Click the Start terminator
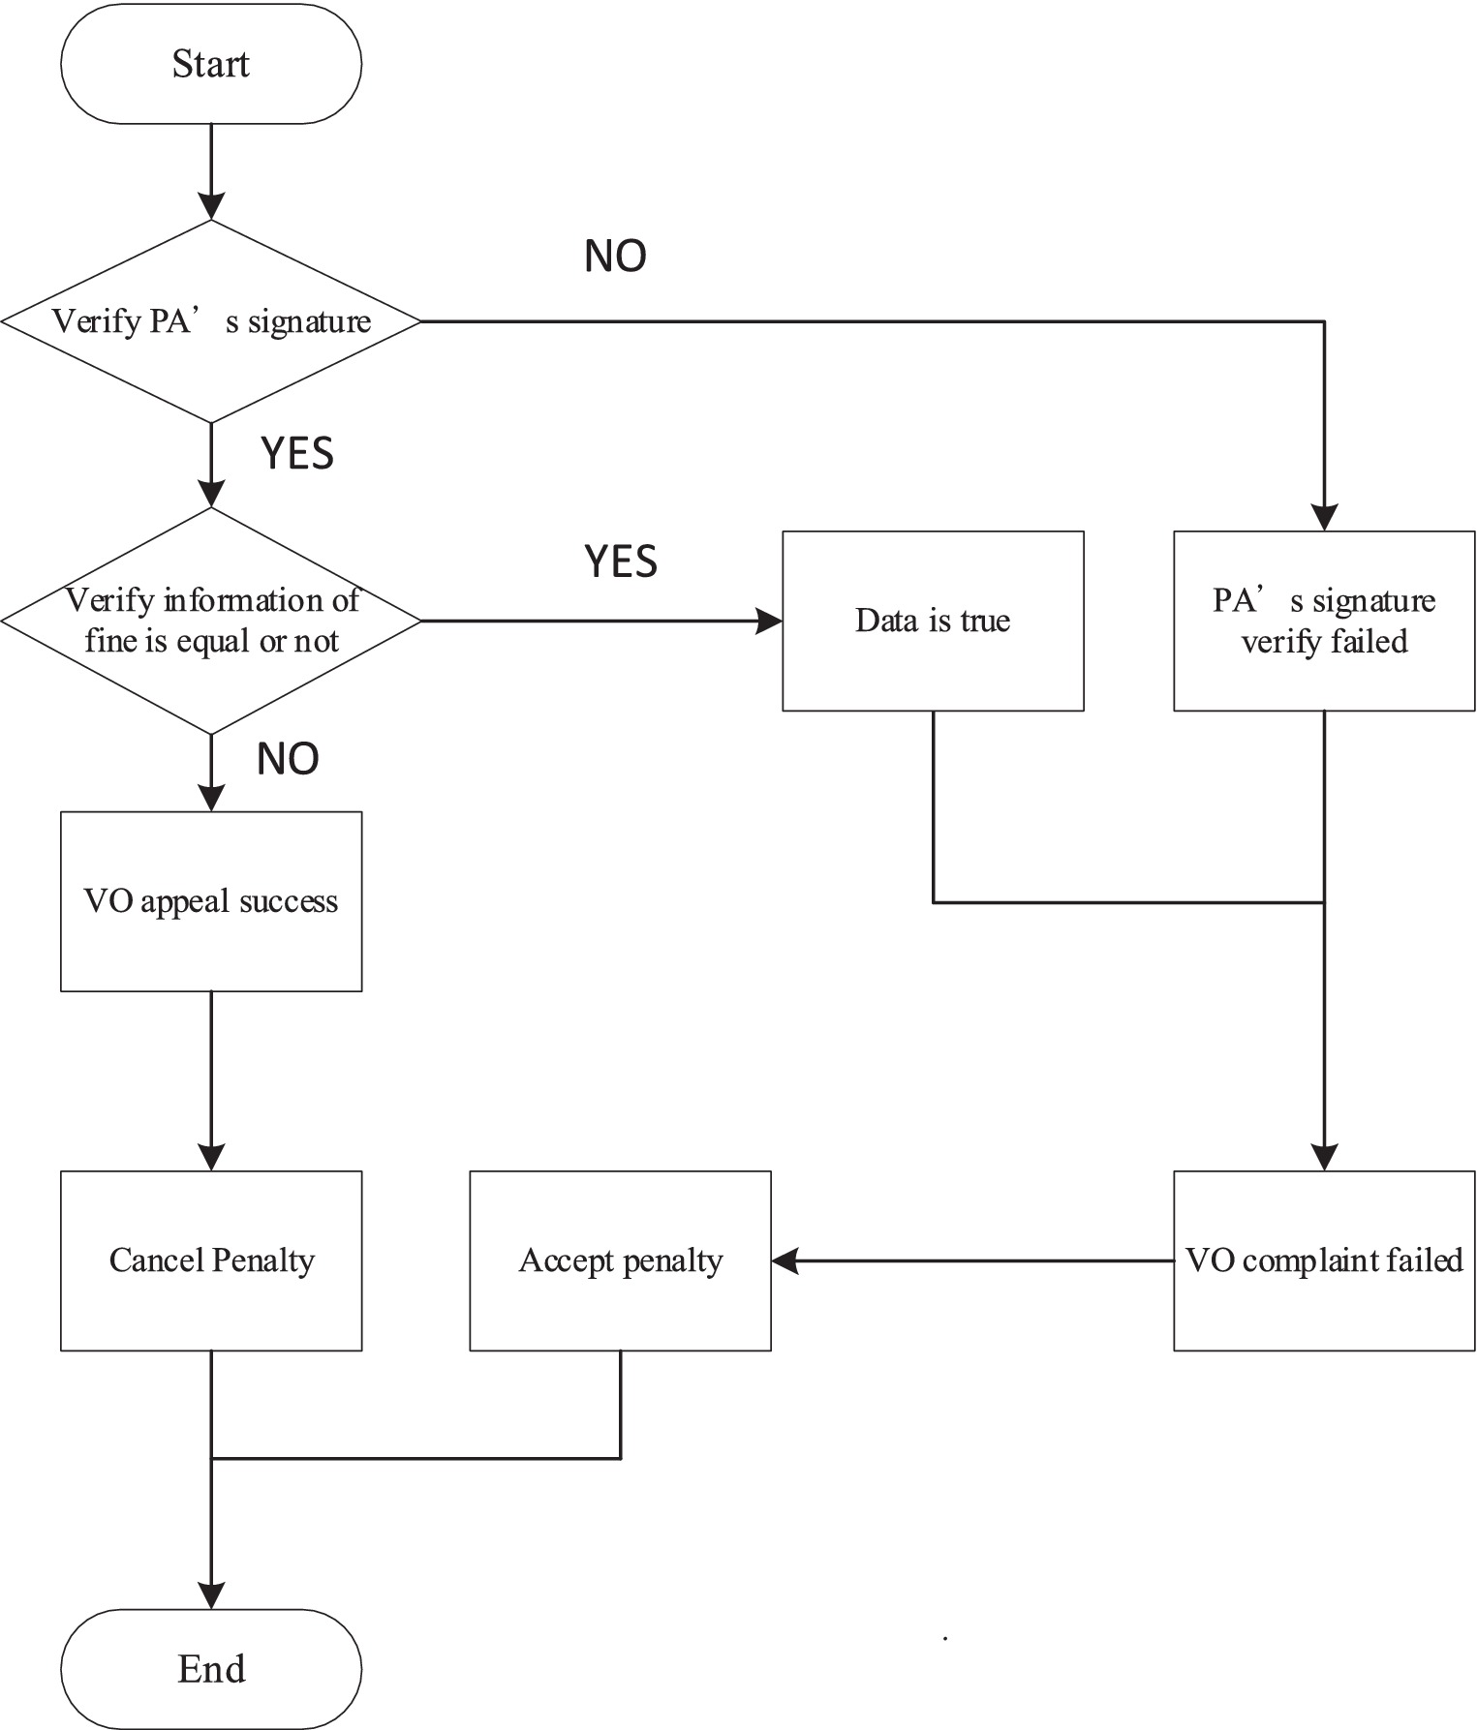pos(211,64)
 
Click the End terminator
pos(211,1669)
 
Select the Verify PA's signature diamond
pos(211,321)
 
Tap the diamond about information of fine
pos(211,621)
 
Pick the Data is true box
pos(933,621)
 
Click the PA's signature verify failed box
pos(1324,621)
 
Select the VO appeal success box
pos(211,901)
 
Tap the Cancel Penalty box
pos(211,1260)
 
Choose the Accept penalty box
pos(620,1260)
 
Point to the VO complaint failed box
pos(1324,1260)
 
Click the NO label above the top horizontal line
pos(615,256)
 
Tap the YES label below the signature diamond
pos(297,453)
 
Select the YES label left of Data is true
pos(621,561)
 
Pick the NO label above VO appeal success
pos(288,759)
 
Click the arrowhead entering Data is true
pos(769,621)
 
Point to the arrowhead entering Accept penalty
pos(785,1260)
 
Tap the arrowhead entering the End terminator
pos(211,1595)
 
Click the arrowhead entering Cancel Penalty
pos(211,1157)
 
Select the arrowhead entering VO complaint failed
pos(1324,1157)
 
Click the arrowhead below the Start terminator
pos(211,206)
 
